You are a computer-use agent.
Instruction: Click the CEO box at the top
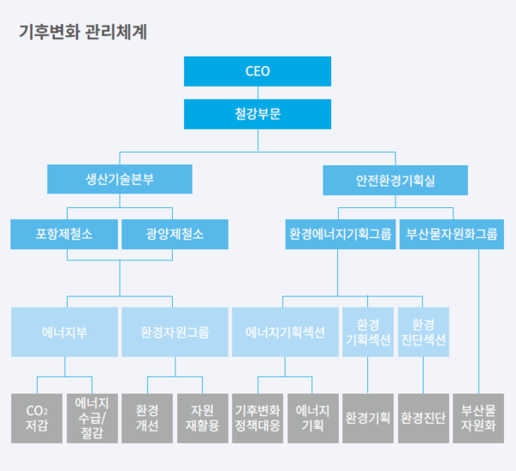click(257, 70)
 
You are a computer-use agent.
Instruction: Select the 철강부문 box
click(257, 113)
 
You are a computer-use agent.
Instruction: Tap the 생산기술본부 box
click(120, 180)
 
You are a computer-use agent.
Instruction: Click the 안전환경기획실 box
click(396, 180)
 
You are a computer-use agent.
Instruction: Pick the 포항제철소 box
click(64, 234)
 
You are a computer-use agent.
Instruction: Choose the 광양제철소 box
click(175, 234)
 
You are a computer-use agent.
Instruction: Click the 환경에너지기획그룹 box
click(340, 234)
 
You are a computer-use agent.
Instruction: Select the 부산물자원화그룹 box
click(451, 234)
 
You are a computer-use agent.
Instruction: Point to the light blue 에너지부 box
click(64, 332)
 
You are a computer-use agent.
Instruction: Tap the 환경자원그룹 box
click(175, 332)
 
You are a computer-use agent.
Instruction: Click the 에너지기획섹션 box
click(285, 332)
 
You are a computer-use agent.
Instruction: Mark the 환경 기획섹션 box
click(367, 332)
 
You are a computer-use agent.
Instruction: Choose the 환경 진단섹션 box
click(422, 332)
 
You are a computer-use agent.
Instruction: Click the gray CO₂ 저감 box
click(37, 418)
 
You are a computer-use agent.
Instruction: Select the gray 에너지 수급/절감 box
click(91, 418)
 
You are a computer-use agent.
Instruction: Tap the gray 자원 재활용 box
click(201, 418)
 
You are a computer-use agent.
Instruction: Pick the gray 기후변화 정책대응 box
click(257, 418)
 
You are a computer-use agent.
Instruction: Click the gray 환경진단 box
click(422, 418)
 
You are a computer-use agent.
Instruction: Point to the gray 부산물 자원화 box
click(477, 418)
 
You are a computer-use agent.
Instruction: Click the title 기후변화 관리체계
click(83, 33)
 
